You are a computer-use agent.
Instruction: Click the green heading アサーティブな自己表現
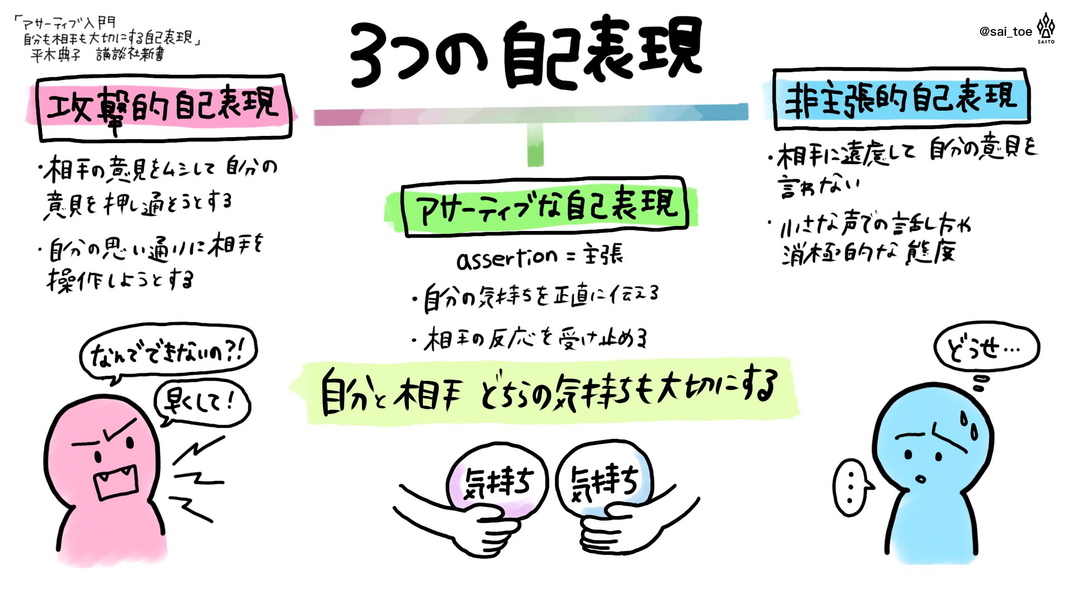point(545,205)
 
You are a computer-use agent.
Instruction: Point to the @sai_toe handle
point(1005,32)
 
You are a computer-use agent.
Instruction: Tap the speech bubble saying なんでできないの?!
point(167,353)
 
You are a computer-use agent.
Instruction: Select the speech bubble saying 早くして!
point(201,402)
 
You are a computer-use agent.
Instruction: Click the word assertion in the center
point(506,258)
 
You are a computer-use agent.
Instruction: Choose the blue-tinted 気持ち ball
point(604,481)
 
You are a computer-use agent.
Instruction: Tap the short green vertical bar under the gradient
point(535,145)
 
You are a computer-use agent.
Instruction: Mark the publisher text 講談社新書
point(130,54)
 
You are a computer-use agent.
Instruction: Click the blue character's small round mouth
point(920,479)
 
